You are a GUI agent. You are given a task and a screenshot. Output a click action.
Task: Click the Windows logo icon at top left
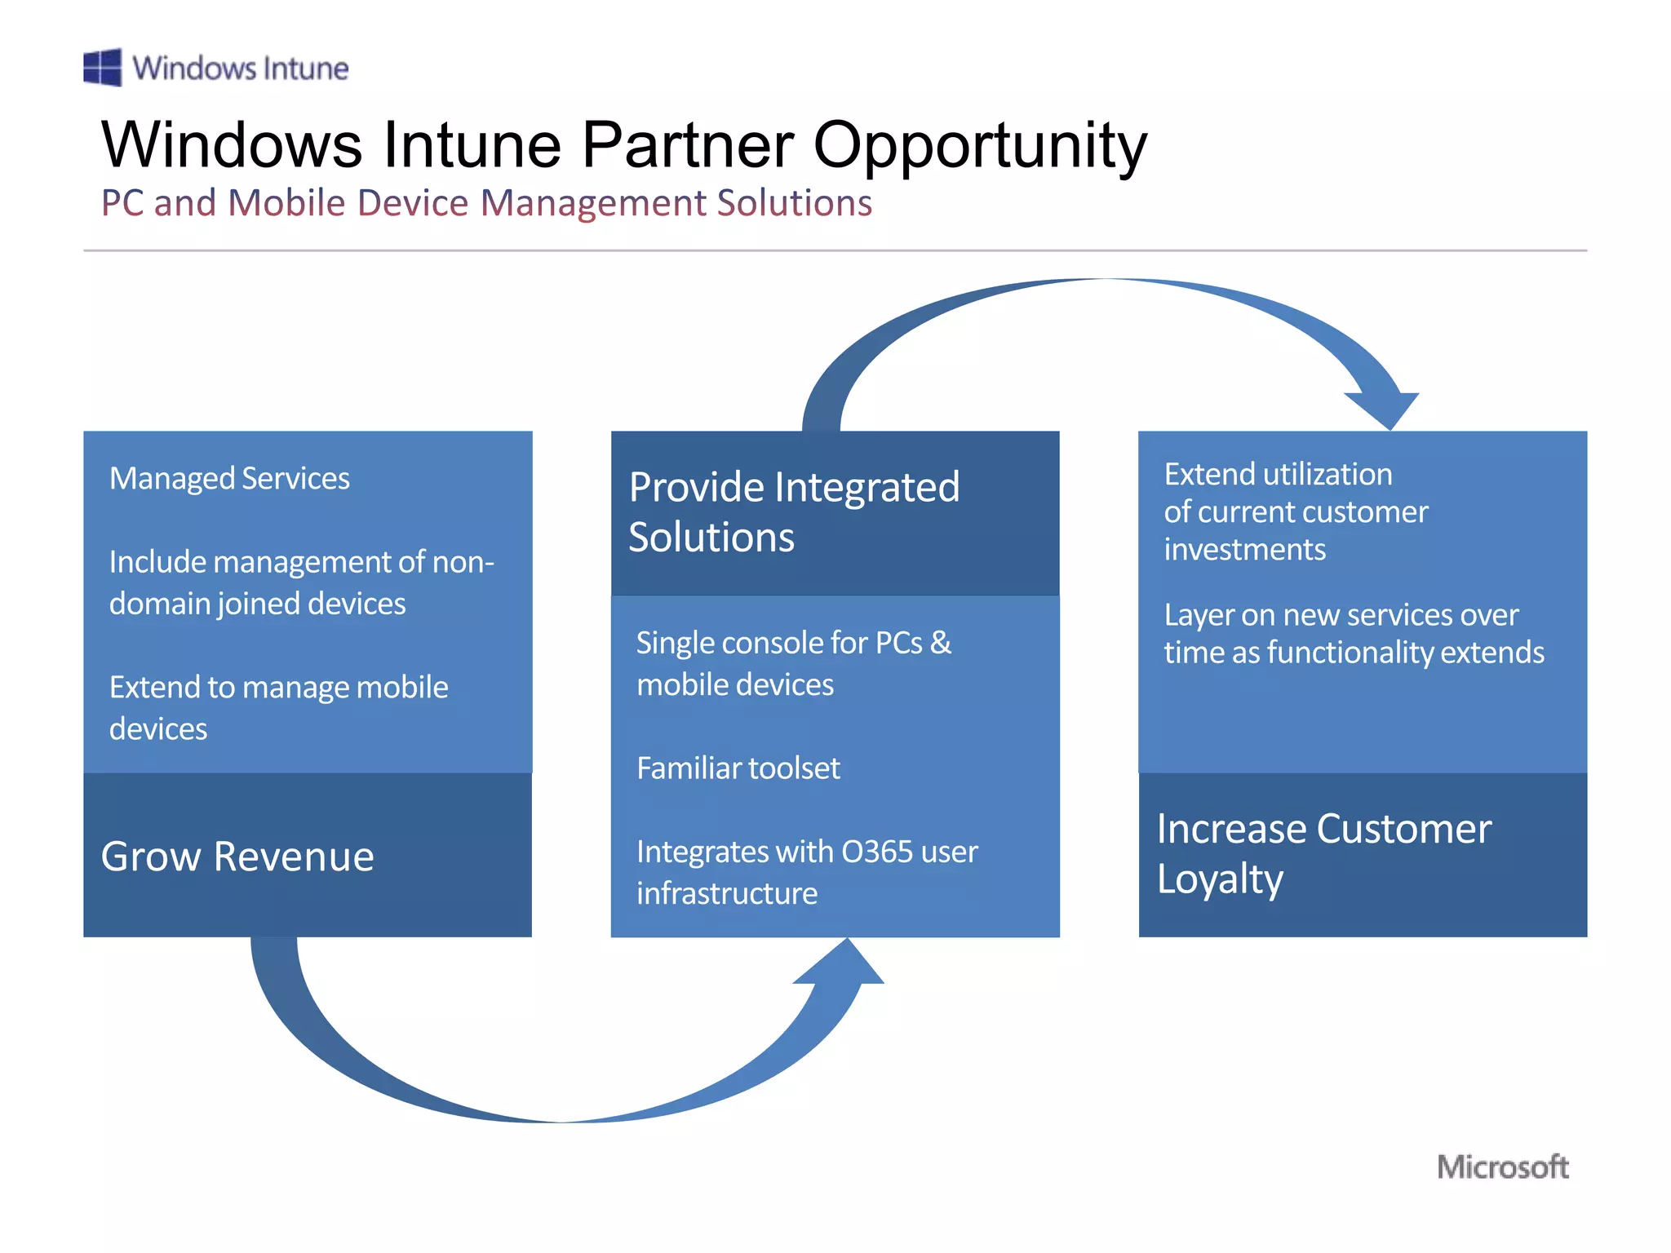pos(102,67)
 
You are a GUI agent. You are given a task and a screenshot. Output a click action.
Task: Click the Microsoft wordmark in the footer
pos(1502,1167)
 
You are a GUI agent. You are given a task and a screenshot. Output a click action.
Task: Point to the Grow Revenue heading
pos(237,857)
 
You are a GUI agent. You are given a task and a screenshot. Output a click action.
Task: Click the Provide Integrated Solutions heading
pos(794,511)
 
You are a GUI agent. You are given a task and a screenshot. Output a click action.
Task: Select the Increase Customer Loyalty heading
pos(1323,853)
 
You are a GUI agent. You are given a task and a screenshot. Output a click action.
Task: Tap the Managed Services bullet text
pos(229,478)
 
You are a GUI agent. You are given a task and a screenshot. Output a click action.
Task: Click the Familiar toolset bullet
pos(738,768)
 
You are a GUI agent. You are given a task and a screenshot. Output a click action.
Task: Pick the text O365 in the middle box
pos(877,852)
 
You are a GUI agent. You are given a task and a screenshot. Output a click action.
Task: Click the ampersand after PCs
pos(941,643)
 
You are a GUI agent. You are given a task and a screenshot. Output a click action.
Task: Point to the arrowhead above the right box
pos(1385,405)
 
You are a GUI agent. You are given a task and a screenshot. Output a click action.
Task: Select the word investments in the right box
pos(1244,550)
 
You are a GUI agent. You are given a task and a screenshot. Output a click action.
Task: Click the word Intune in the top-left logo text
pos(305,69)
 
